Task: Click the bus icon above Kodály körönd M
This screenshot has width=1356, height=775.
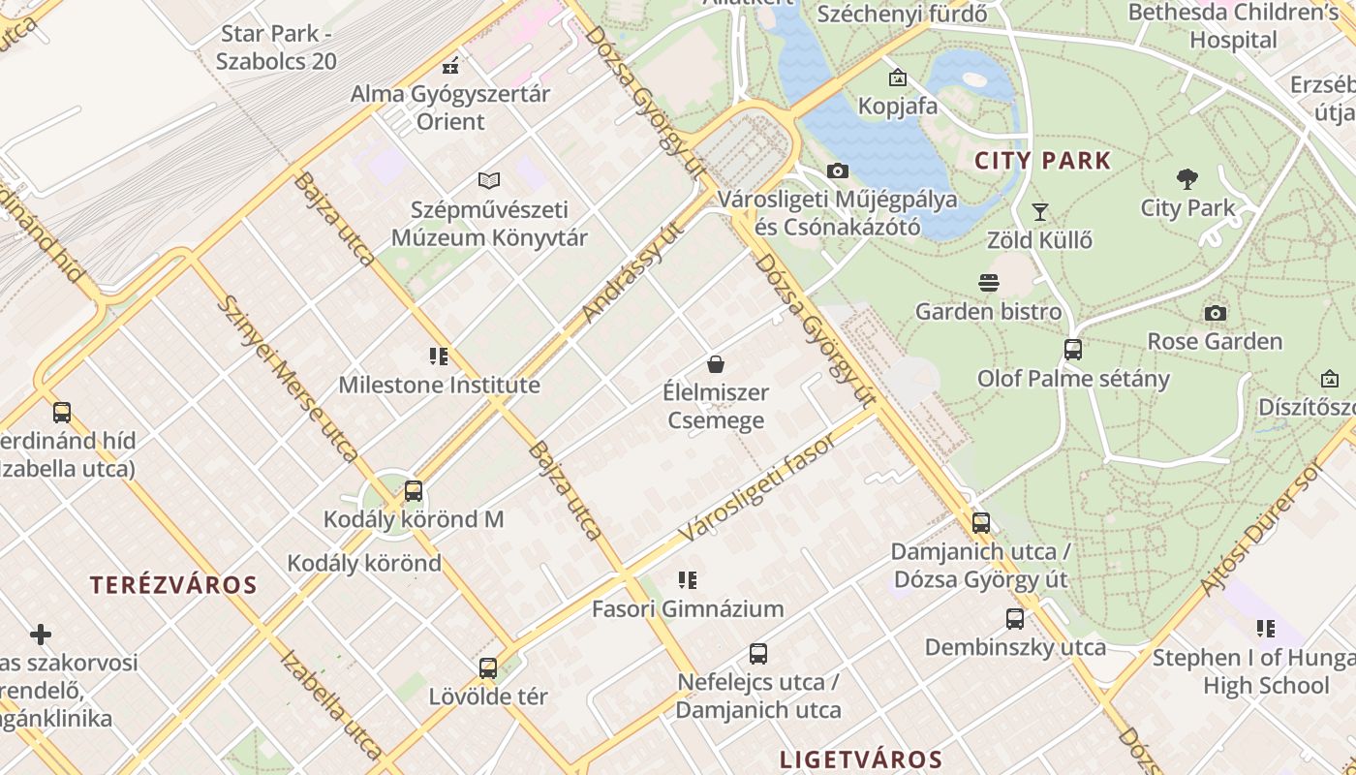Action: pos(414,491)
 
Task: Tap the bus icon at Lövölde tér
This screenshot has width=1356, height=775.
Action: pos(488,667)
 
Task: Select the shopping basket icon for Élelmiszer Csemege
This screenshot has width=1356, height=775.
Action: pos(716,364)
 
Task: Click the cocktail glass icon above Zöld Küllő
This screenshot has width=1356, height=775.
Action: pos(1040,211)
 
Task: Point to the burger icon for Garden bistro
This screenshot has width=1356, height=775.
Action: pos(988,283)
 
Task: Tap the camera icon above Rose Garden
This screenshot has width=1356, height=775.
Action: pos(1215,313)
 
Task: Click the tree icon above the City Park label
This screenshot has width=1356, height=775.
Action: pos(1187,179)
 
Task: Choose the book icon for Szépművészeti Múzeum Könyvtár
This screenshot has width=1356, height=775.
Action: pos(489,180)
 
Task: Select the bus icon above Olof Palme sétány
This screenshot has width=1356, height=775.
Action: pos(1073,350)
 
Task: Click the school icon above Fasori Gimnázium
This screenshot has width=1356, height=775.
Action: pos(688,580)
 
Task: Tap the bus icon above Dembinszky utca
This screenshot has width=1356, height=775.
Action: pos(1015,618)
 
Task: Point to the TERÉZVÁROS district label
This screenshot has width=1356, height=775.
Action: pos(173,585)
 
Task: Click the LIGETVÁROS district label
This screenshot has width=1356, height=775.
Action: pos(861,759)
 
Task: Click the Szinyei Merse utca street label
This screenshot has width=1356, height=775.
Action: pos(287,378)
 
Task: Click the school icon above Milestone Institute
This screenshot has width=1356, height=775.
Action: pos(439,356)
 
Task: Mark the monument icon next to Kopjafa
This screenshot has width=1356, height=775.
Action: pos(898,77)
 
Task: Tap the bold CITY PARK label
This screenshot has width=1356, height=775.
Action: pos(1042,161)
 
